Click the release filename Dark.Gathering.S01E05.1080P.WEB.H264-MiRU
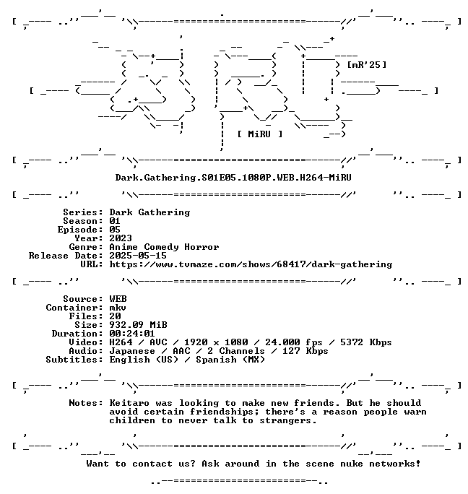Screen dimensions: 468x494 click(233, 178)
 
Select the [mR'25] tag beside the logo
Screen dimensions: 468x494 click(366, 65)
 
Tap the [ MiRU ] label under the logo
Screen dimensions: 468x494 click(260, 134)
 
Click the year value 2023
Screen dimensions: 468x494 click(121, 238)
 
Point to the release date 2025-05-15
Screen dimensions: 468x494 click(138, 256)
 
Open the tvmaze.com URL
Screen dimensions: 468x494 click(251, 264)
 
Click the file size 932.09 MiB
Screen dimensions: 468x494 click(138, 325)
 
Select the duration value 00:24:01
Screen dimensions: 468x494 click(132, 334)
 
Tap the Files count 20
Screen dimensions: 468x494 click(115, 316)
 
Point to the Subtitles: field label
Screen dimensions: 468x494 click(74, 360)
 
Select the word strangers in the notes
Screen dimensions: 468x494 click(288, 420)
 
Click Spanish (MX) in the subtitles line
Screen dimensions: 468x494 click(230, 360)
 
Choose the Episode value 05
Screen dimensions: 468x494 click(115, 230)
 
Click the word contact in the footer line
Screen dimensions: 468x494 click(152, 464)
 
